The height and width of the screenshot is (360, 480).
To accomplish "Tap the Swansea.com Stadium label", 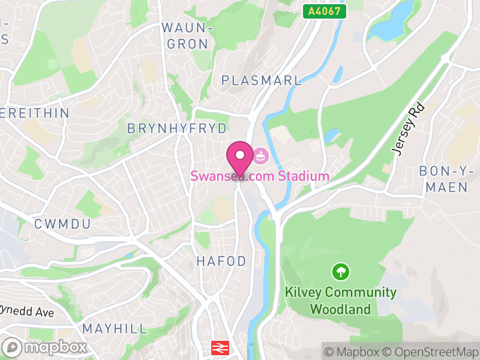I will (260, 176).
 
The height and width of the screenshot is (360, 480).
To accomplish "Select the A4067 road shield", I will (325, 11).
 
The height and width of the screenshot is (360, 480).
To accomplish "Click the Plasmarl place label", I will (260, 80).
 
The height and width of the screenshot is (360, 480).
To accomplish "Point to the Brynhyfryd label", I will (177, 128).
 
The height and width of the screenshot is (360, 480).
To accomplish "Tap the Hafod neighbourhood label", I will (221, 261).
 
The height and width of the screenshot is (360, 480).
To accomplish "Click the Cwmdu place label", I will (62, 224).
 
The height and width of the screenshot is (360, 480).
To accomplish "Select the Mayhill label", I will (115, 328).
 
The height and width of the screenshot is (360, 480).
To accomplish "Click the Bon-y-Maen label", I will (443, 179).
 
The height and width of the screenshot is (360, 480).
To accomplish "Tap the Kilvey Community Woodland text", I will (340, 301).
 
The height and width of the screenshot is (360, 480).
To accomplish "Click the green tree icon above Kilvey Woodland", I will (341, 272).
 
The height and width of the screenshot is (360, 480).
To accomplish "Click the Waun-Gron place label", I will (188, 36).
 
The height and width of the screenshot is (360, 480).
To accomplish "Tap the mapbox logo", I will (46, 347).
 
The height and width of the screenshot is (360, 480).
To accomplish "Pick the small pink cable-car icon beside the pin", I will (260, 157).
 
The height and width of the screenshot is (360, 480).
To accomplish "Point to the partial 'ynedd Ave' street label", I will (27, 313).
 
